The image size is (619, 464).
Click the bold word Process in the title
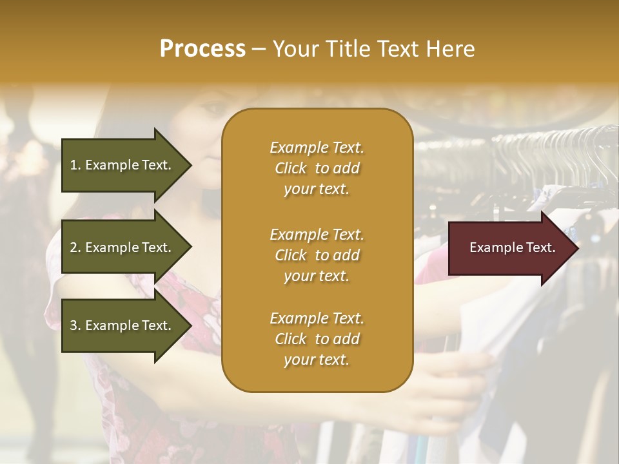202,49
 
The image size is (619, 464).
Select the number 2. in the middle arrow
75,247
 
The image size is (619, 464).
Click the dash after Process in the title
259,49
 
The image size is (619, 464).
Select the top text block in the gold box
317,168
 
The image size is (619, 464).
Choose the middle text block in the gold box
317,255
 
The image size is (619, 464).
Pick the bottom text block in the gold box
317,339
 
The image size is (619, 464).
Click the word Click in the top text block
291,168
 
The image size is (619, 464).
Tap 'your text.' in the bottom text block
317,360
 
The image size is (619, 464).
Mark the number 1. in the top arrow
75,165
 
